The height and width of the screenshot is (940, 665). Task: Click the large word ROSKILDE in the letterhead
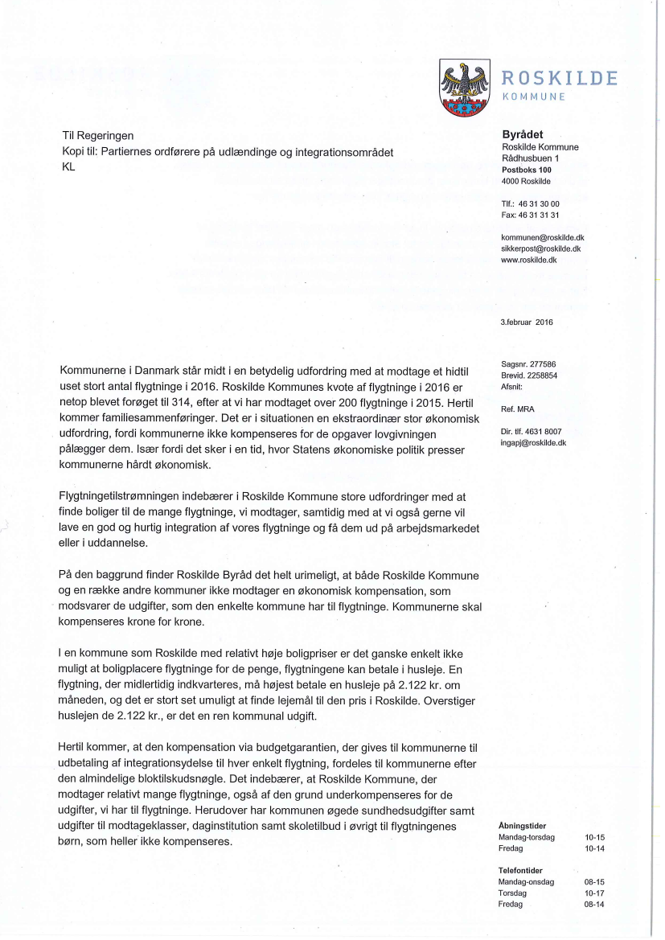point(560,78)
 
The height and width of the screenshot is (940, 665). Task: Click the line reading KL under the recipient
point(68,168)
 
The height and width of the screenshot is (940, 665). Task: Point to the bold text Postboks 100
point(526,170)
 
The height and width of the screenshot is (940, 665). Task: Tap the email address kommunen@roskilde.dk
point(542,238)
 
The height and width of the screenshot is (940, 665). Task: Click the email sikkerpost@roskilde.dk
point(541,249)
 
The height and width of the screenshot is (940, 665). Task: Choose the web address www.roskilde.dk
point(528,261)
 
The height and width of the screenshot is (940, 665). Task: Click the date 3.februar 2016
point(527,322)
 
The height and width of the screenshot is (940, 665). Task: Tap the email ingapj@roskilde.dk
point(533,442)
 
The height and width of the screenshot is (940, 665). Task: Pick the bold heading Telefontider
point(520,871)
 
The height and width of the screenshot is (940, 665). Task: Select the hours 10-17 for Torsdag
point(594,893)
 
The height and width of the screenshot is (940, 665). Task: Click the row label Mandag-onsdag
point(526,882)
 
